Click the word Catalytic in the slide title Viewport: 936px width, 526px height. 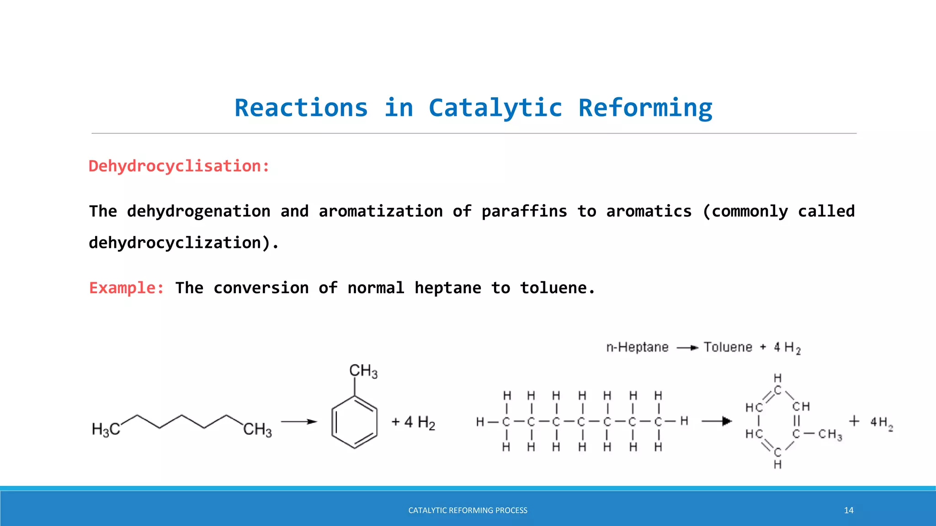(495, 108)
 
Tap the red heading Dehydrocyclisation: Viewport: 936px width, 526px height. (179, 166)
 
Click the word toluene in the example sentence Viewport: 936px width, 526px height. (557, 288)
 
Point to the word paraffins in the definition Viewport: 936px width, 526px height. (524, 211)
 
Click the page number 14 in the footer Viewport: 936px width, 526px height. (848, 510)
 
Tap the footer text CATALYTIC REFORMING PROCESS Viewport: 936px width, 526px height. (468, 510)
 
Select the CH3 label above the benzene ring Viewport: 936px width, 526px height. (363, 371)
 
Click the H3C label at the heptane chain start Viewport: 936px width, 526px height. (106, 429)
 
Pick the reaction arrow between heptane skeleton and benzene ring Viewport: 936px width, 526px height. (299, 421)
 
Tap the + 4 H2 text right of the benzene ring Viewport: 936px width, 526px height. (413, 422)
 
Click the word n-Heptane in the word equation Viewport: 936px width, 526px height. (637, 347)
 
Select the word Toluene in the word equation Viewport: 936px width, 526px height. (728, 347)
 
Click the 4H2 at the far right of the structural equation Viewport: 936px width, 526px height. (881, 422)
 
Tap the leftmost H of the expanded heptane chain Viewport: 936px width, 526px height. (480, 421)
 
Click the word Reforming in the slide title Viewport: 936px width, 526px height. (645, 108)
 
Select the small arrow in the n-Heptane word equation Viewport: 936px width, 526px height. (687, 348)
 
